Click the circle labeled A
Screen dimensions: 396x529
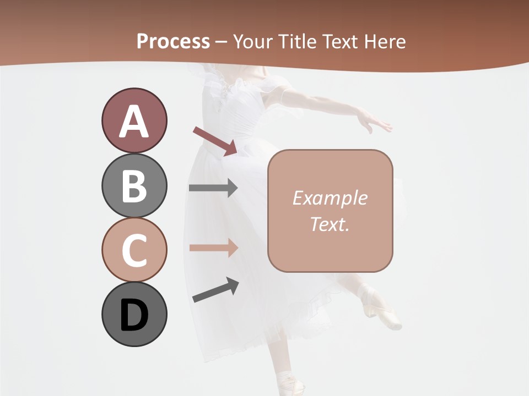(x=134, y=120)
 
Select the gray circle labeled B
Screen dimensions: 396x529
(x=134, y=185)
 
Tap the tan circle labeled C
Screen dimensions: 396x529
(x=134, y=250)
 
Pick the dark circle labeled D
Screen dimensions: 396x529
(x=134, y=315)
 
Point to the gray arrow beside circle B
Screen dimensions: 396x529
(x=213, y=188)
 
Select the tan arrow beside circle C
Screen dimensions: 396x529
(x=213, y=248)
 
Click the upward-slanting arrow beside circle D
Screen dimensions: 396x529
(x=215, y=290)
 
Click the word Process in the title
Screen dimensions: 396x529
(x=173, y=41)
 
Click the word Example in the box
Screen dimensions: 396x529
(x=330, y=198)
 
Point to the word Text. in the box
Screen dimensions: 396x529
(x=330, y=224)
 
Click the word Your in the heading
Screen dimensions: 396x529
(x=253, y=41)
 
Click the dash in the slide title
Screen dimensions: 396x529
(x=222, y=42)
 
